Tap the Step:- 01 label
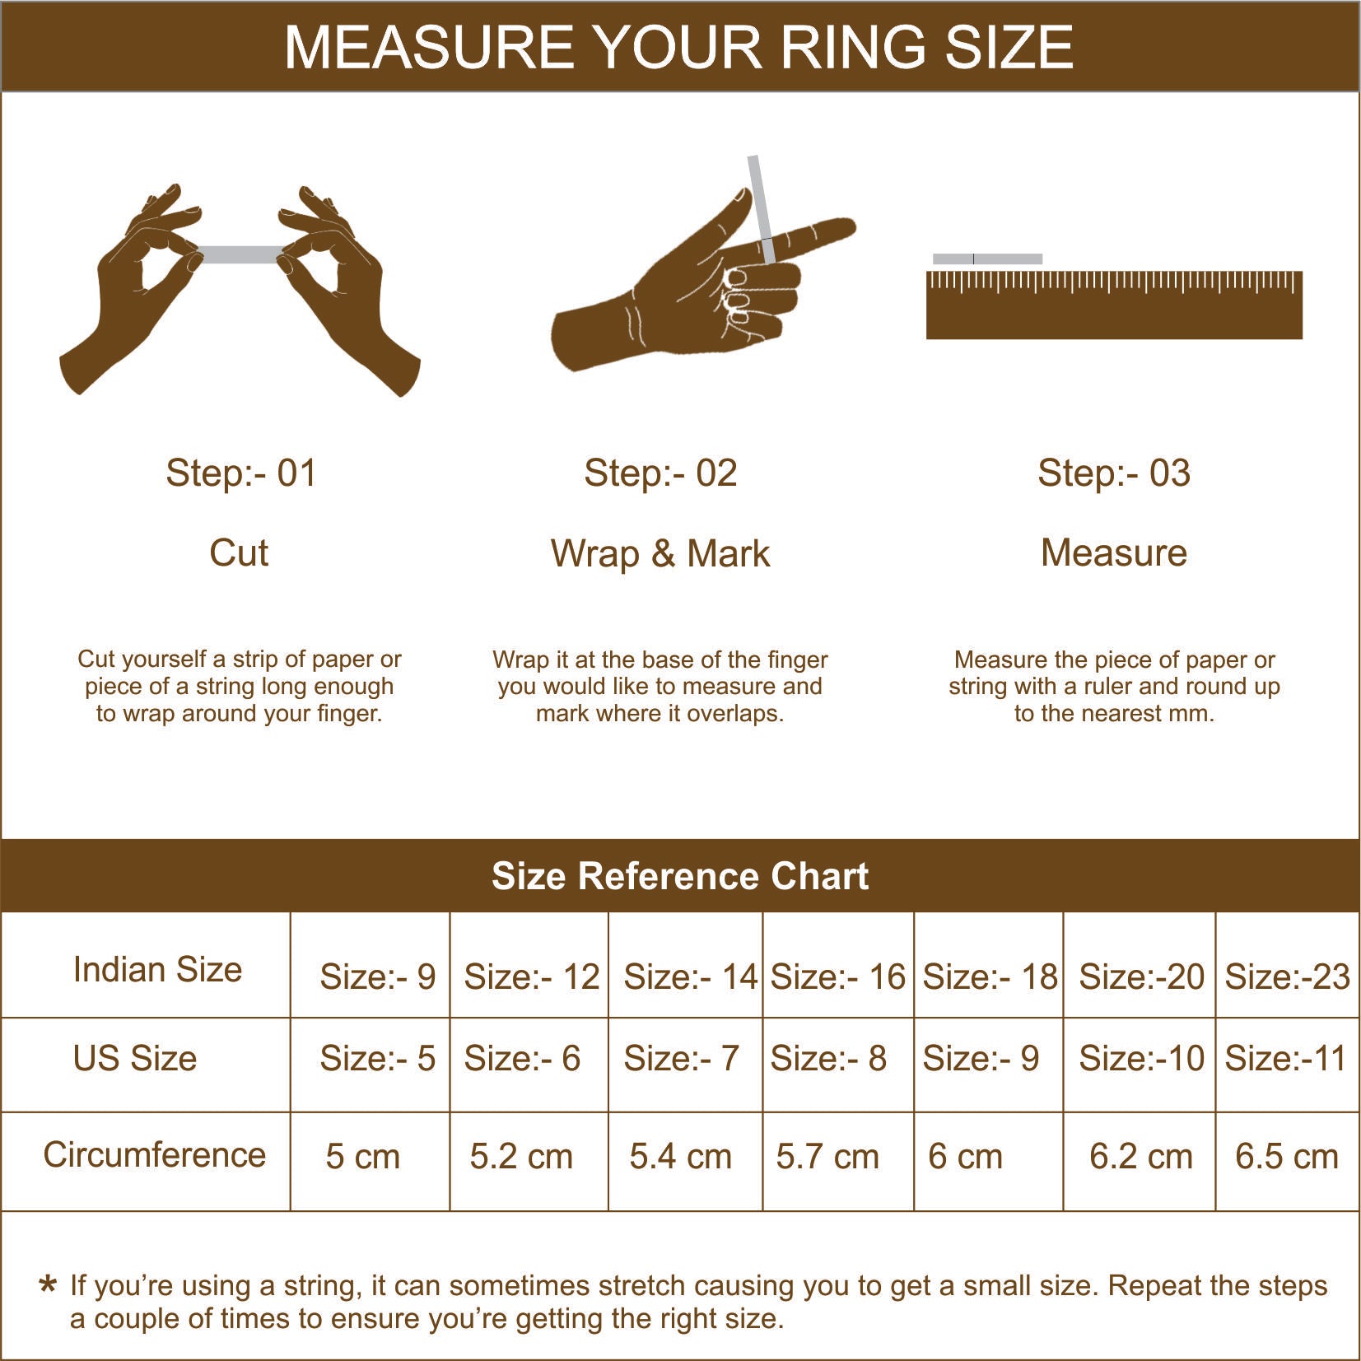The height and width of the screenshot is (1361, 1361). (x=240, y=473)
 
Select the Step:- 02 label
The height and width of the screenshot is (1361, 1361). (x=660, y=473)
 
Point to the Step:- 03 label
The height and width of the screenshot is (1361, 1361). (x=1113, y=473)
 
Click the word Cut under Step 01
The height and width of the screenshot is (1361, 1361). (x=239, y=552)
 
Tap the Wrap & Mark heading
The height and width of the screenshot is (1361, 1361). (x=660, y=553)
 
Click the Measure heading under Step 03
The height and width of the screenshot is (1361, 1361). (x=1113, y=552)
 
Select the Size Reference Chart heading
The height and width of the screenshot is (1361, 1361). (x=680, y=876)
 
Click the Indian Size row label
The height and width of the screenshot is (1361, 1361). (x=157, y=969)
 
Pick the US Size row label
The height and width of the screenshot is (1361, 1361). (x=135, y=1058)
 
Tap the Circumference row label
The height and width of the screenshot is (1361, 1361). (x=154, y=1154)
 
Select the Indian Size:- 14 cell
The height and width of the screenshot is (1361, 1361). (x=689, y=976)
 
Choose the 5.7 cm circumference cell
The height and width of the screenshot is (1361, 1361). (x=827, y=1156)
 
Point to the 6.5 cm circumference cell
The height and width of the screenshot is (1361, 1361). (x=1286, y=1156)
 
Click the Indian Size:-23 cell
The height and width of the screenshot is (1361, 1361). (x=1287, y=976)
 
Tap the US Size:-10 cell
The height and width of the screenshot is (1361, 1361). (x=1141, y=1058)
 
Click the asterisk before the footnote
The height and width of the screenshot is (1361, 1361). (x=49, y=1285)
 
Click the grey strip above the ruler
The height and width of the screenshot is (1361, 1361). (x=987, y=259)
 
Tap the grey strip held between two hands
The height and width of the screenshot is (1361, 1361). (x=240, y=254)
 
